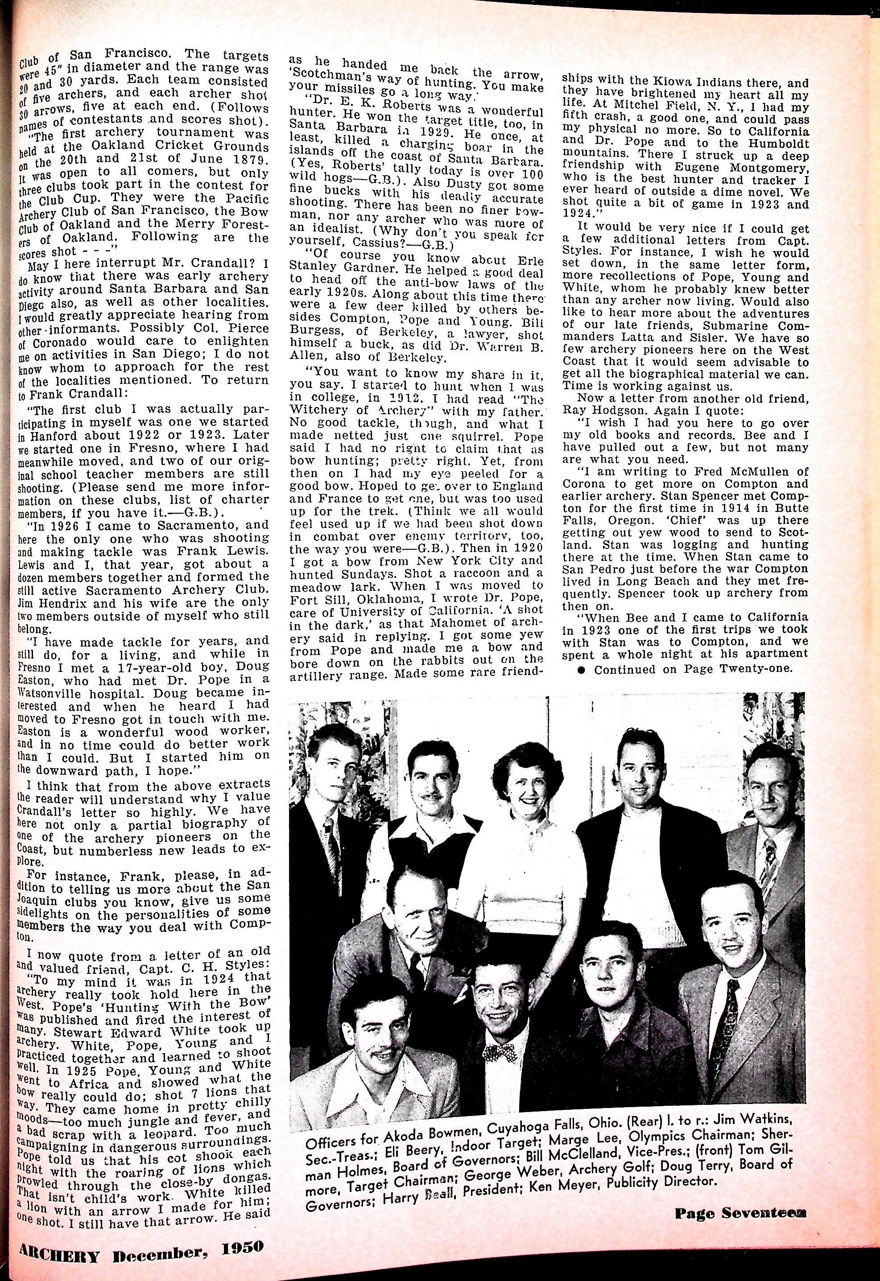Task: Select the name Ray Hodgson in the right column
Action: point(598,411)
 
